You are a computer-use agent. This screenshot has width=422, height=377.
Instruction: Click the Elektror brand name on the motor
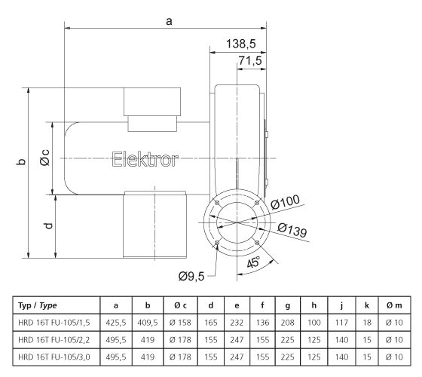(x=145, y=159)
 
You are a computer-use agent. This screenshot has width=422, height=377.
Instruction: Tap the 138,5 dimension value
(x=242, y=44)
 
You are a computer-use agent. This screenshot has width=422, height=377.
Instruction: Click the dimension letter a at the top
(x=170, y=22)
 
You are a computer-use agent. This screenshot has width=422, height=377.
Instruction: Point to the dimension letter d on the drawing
(x=47, y=224)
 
